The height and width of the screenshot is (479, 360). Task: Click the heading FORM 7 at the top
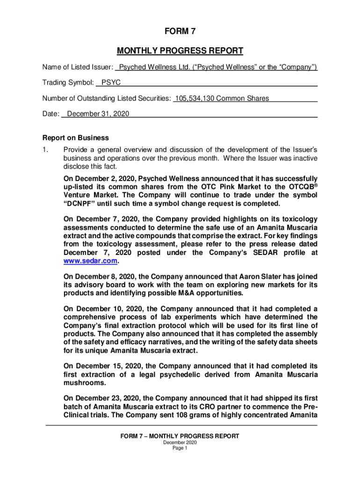180,31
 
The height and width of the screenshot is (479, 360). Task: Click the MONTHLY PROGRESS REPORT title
180,51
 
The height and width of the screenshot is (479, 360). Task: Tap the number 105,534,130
194,98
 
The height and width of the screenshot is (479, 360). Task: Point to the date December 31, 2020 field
98,114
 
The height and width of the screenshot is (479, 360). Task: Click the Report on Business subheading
76,138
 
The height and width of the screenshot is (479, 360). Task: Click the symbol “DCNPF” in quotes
80,203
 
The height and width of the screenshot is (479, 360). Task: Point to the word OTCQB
301,187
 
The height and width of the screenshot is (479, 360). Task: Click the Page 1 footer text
180,448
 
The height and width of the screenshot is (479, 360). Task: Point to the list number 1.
44,150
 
